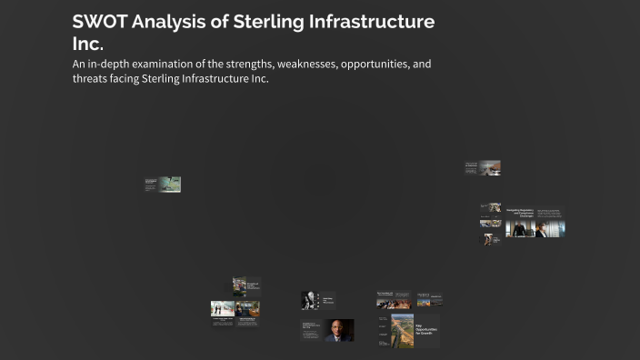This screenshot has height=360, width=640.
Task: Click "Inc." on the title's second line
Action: pyautogui.click(x=88, y=43)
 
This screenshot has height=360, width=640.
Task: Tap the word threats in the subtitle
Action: pyautogui.click(x=91, y=78)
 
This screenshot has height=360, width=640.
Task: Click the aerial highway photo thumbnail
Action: pyautogui.click(x=402, y=331)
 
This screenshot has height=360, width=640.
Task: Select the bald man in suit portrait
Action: pyautogui.click(x=339, y=330)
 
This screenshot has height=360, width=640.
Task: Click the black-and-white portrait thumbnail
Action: pyautogui.click(x=309, y=300)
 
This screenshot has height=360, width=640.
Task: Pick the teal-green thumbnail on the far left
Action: pyautogui.click(x=169, y=185)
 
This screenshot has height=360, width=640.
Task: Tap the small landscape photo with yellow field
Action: pyautogui.click(x=248, y=308)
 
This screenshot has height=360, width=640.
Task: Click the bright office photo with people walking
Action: pyautogui.click(x=223, y=308)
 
